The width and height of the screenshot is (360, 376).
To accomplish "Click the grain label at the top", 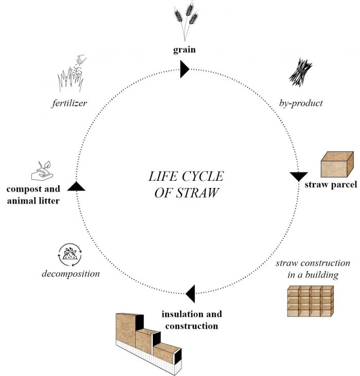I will click(x=185, y=50).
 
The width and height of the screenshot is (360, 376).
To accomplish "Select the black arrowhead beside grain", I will click(x=185, y=68).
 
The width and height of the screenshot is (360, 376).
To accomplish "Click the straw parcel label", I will click(x=330, y=185).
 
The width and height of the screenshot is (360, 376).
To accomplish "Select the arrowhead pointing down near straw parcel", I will click(x=299, y=176).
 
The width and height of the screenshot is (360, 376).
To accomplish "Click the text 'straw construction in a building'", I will click(x=313, y=269).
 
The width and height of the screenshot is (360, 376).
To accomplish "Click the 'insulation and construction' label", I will click(x=192, y=319).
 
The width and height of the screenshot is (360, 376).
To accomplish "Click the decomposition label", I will click(x=70, y=274).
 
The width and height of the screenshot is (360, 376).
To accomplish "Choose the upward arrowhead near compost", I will click(x=76, y=186).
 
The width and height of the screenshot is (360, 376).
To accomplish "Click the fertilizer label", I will click(x=68, y=103).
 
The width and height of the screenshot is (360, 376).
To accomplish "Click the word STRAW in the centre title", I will click(x=197, y=194).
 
